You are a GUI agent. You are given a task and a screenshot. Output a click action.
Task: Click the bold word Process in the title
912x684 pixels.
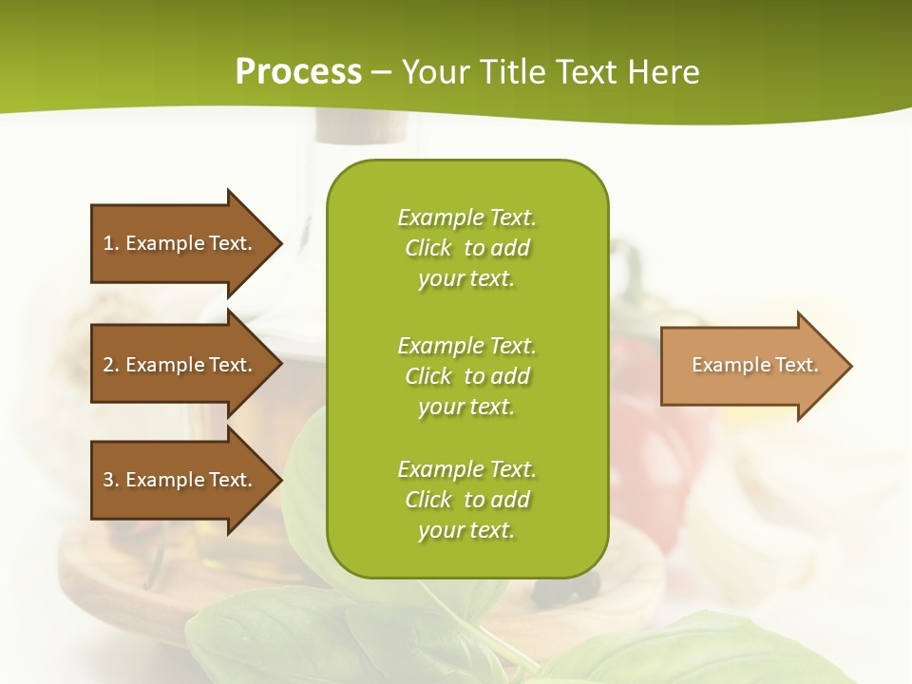(298, 71)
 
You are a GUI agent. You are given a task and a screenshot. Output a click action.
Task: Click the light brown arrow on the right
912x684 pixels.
(750, 366)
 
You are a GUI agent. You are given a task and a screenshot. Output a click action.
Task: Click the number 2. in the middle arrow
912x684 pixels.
(111, 365)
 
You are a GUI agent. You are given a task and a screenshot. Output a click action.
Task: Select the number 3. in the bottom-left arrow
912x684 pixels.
(111, 480)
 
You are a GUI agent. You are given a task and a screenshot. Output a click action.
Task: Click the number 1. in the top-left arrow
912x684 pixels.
(111, 243)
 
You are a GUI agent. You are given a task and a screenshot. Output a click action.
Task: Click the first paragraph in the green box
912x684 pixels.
(466, 248)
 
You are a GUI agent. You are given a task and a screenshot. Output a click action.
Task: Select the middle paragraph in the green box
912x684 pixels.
(466, 375)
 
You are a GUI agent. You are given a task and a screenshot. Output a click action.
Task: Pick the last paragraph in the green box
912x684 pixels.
(466, 500)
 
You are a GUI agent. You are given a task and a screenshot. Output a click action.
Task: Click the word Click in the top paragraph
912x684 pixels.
(427, 248)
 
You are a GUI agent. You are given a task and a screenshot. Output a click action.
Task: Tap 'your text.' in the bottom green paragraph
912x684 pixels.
(466, 530)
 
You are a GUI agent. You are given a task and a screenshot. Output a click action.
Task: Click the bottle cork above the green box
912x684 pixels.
(362, 128)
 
